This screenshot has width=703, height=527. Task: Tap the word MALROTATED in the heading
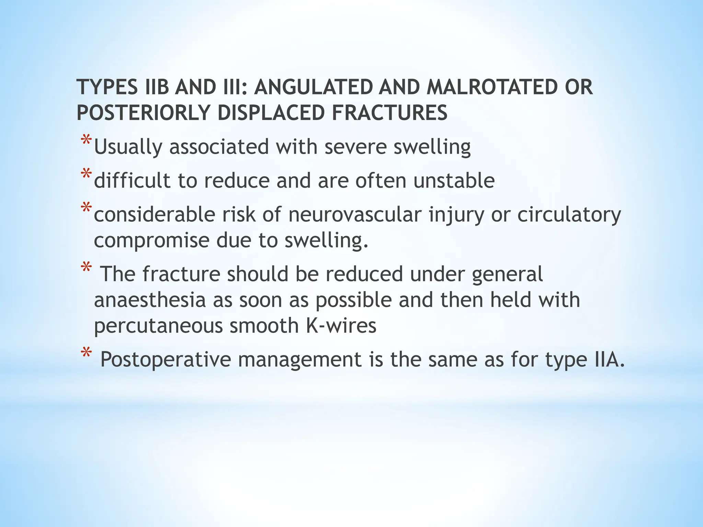pos(492,87)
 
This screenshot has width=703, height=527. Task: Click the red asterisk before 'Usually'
pos(86,141)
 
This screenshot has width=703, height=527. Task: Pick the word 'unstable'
pos(454,180)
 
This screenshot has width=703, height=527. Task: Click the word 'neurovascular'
pos(355,215)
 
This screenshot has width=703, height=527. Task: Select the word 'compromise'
pos(151,241)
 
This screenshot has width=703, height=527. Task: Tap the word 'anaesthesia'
pos(150,300)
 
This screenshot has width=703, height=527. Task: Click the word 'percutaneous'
pos(158,326)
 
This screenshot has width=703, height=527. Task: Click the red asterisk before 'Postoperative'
pos(86,353)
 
